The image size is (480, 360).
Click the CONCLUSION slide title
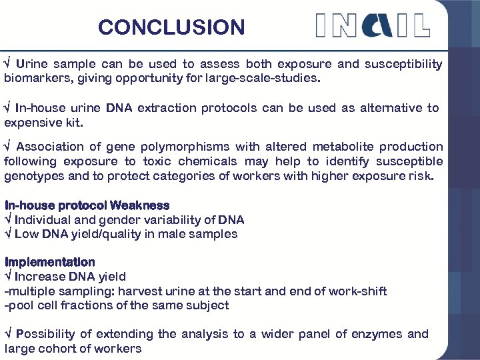click(171, 27)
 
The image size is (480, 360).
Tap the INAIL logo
click(372, 25)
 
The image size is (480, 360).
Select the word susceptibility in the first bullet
click(403, 65)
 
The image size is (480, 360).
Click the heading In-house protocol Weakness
click(87, 205)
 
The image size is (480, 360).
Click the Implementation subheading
click(50, 262)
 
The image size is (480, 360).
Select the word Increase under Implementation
click(40, 277)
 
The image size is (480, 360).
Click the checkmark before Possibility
click(7, 334)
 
